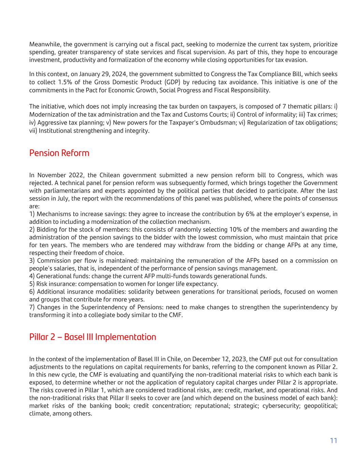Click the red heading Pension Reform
click(59, 153)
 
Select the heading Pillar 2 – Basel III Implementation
click(92, 337)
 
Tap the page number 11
click(333, 440)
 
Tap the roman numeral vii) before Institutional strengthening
click(33, 130)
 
